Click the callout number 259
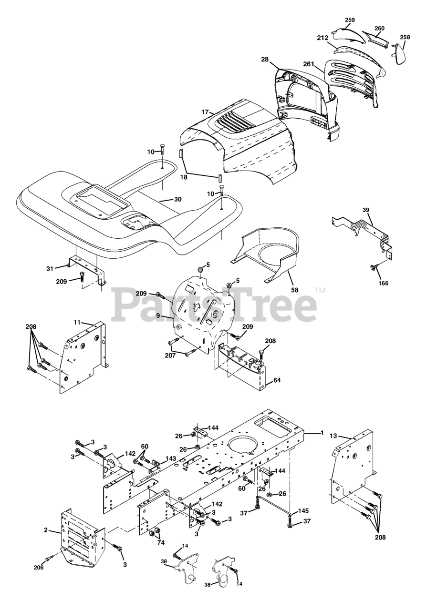pos(350,20)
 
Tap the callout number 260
pos(379,28)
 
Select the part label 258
pos(405,37)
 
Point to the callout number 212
pos(323,38)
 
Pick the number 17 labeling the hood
pos(205,112)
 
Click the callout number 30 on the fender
pos(178,199)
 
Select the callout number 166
pos(383,283)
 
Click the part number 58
pos(295,290)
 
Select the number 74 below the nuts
pos(161,542)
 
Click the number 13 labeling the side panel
pos(334,436)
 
